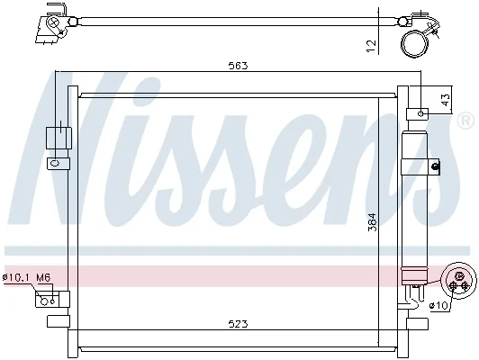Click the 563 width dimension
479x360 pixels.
[238, 66]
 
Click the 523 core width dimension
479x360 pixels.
[239, 324]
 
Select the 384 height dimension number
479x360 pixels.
[373, 222]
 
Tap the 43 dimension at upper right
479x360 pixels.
[446, 100]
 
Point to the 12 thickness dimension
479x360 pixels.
[372, 46]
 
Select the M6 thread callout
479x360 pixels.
[43, 277]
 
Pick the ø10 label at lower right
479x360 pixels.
[438, 305]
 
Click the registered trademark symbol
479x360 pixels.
[465, 121]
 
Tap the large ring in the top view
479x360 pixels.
[414, 43]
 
